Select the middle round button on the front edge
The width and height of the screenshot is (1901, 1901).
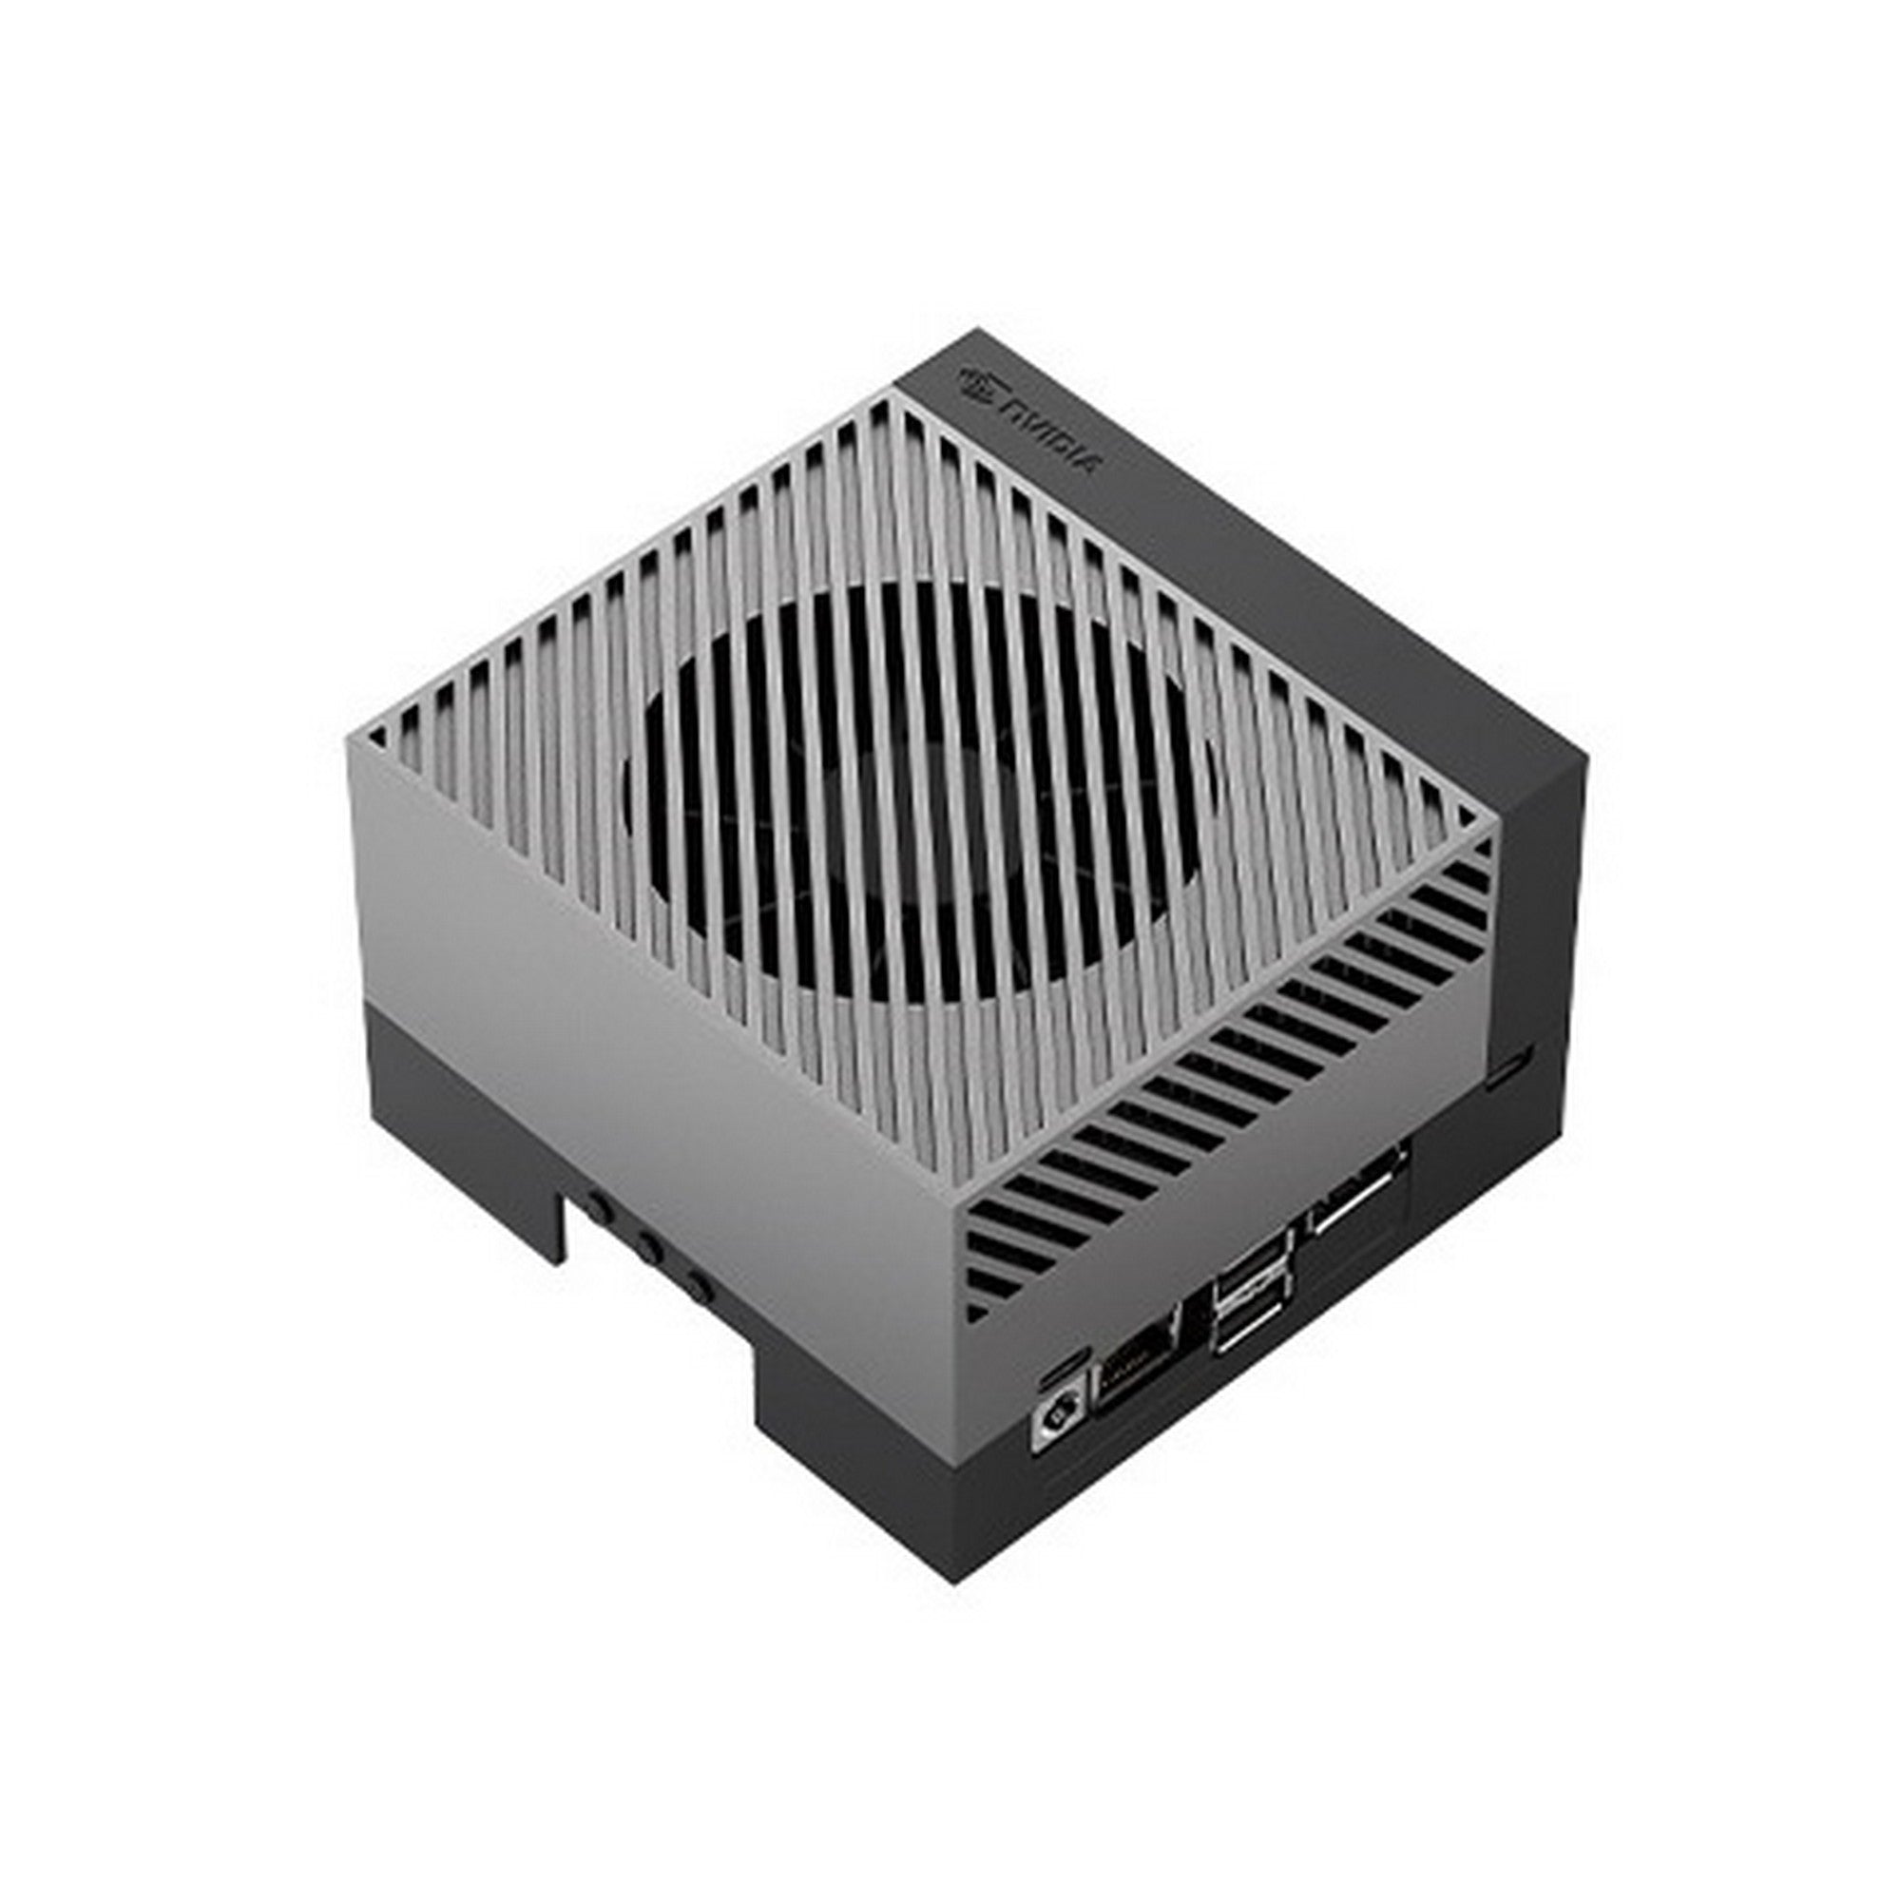click(x=648, y=1250)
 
